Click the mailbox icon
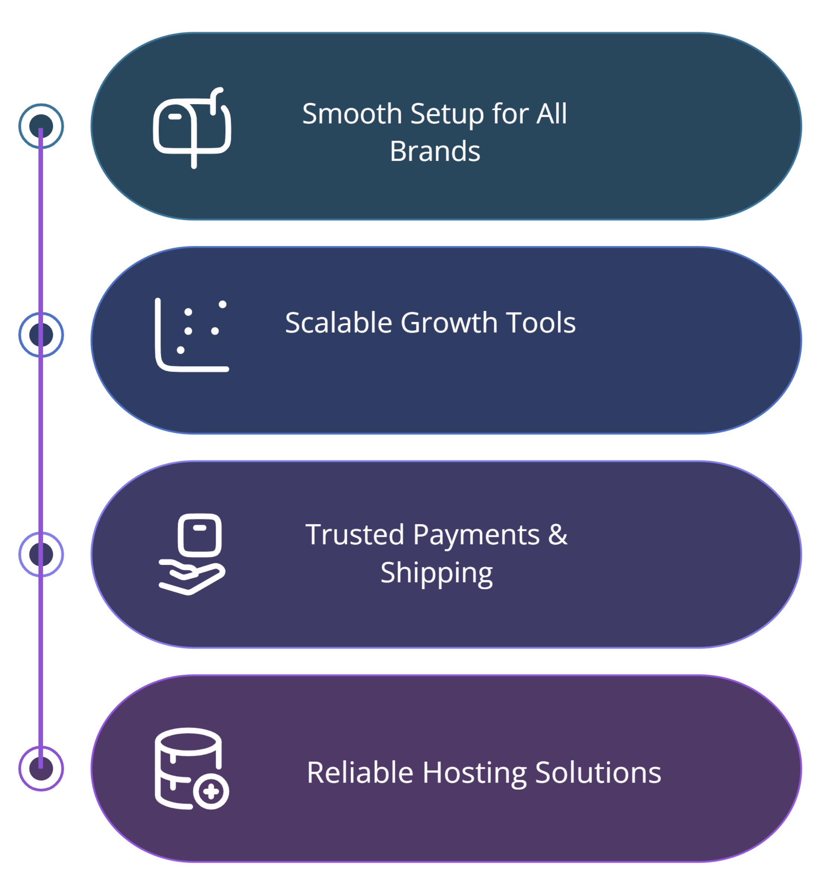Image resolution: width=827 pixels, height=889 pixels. tap(192, 128)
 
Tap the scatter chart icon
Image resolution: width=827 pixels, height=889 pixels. tap(192, 335)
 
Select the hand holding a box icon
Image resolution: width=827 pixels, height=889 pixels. tap(192, 554)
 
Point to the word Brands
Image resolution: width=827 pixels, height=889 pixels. tap(434, 151)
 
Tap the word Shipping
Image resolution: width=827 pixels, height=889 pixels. tap(436, 573)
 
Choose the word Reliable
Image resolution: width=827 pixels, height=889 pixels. tap(360, 773)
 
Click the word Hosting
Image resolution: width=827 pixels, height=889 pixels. tap(474, 773)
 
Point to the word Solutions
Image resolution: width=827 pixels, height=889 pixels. tap(598, 773)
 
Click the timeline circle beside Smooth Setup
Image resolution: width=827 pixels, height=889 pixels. tap(41, 126)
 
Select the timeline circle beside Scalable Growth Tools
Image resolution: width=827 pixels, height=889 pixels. tap(41, 335)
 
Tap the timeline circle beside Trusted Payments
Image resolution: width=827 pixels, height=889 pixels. tap(41, 554)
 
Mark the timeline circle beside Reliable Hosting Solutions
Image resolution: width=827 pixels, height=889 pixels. tap(41, 768)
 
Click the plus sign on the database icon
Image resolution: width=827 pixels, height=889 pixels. tap(211, 792)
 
